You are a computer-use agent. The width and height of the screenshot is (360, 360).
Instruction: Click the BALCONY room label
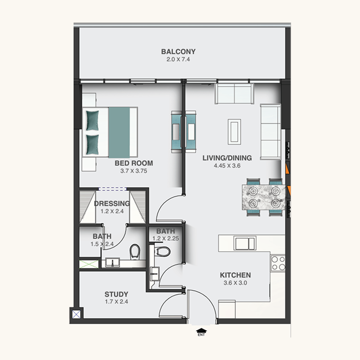tap(178, 51)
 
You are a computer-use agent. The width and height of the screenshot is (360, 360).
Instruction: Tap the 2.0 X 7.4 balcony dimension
tap(178, 59)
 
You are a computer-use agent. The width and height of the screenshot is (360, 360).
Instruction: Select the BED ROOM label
tap(134, 163)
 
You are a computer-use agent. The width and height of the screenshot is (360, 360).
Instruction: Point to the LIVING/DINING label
tap(227, 158)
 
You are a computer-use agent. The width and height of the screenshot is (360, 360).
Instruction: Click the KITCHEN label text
tap(235, 275)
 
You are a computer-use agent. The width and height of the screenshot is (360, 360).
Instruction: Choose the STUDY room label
tap(117, 294)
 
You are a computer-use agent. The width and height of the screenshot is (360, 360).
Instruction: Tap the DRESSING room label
tap(112, 204)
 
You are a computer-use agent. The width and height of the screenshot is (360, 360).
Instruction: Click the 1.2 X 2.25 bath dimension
tap(166, 238)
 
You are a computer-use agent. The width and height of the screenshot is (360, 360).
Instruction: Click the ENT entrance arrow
tap(201, 331)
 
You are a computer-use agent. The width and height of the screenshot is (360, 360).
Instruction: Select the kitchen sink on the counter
tap(245, 243)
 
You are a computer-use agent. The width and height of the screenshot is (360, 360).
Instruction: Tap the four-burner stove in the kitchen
tap(278, 263)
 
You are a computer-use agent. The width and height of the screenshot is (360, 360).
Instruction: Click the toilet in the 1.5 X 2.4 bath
tap(135, 252)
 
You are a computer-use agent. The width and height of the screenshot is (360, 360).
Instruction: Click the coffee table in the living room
tap(234, 132)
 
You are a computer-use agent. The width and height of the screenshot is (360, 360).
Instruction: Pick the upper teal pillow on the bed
tap(93, 121)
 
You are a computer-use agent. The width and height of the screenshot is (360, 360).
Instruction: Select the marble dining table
tap(264, 197)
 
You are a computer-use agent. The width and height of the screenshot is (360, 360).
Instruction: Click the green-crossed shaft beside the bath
tap(89, 264)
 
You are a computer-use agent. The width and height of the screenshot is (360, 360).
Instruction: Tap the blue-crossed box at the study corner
tap(76, 314)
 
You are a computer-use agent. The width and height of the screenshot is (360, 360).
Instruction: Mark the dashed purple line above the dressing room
tap(112, 189)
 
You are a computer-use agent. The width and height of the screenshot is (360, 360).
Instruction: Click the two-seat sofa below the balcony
tap(234, 94)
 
